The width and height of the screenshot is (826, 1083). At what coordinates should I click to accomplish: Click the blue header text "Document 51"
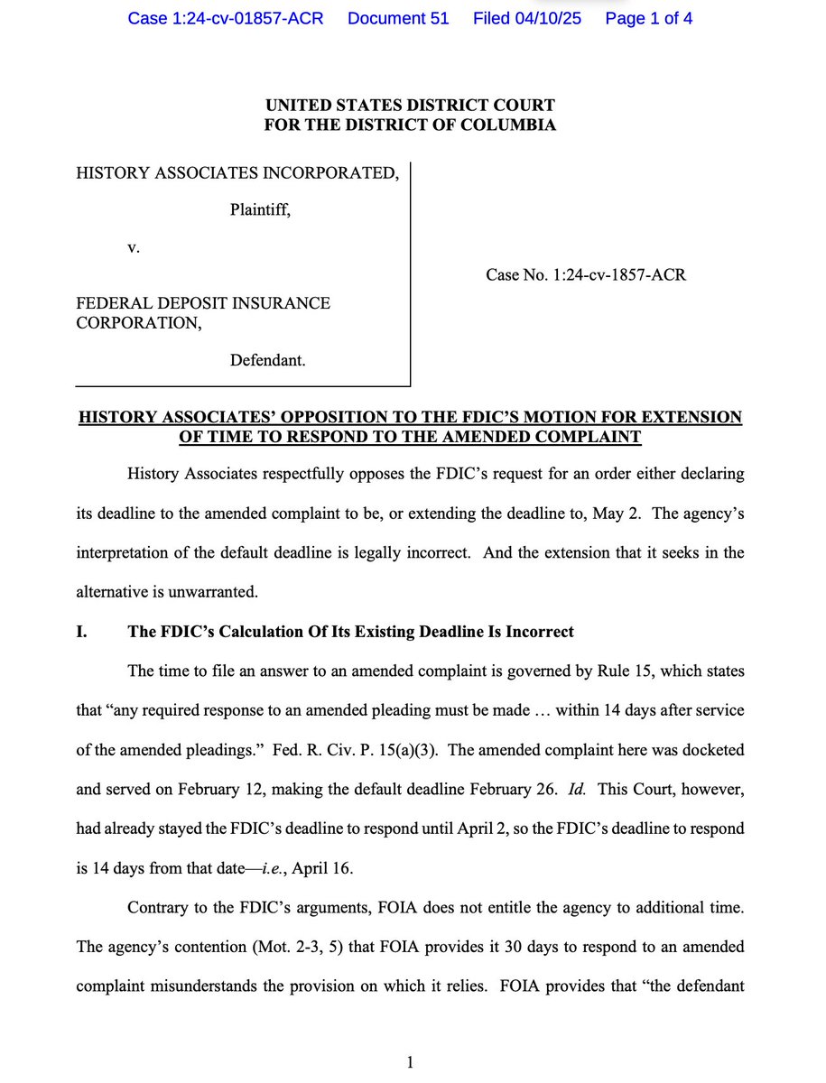tap(398, 18)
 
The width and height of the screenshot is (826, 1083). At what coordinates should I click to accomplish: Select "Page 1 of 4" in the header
tap(649, 18)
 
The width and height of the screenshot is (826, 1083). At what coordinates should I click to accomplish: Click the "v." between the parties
tap(133, 246)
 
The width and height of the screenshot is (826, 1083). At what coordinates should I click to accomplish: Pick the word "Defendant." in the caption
tap(267, 360)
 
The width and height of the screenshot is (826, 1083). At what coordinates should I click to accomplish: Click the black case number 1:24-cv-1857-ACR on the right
tap(586, 274)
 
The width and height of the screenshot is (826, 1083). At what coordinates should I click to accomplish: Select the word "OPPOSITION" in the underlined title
tap(341, 417)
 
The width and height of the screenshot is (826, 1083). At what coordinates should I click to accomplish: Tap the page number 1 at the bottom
tap(410, 1062)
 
